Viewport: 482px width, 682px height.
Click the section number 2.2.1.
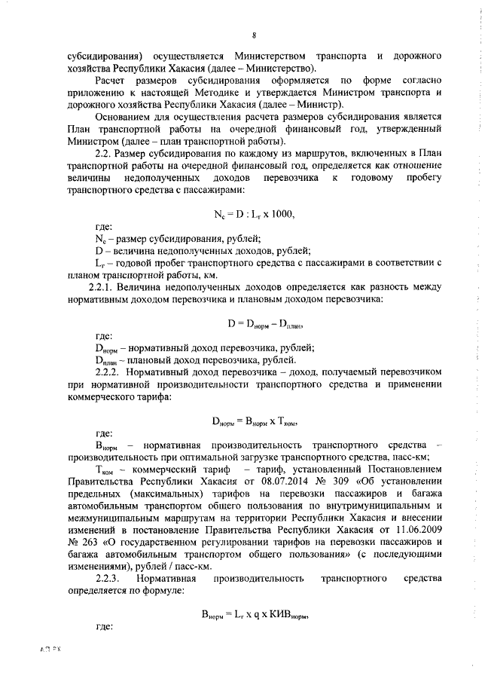point(105,289)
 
